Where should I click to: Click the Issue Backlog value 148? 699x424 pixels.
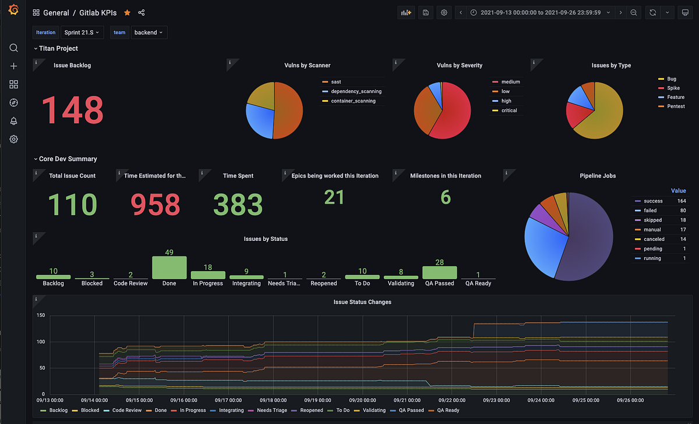(x=72, y=109)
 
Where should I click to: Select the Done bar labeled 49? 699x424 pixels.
(x=169, y=267)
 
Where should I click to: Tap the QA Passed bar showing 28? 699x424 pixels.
(x=439, y=272)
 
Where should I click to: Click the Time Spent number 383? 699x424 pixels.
(x=238, y=205)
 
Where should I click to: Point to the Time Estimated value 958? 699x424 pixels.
(x=155, y=205)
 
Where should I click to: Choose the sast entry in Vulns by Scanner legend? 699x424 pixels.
(x=336, y=82)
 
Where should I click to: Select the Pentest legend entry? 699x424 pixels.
(x=676, y=106)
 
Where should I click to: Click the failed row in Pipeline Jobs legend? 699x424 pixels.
(x=649, y=211)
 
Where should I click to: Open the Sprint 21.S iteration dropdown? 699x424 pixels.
(x=82, y=33)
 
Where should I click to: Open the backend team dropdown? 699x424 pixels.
(x=149, y=33)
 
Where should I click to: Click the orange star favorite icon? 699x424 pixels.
(x=127, y=13)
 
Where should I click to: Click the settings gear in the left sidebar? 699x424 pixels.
(x=14, y=139)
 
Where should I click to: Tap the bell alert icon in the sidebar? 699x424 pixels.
(x=14, y=121)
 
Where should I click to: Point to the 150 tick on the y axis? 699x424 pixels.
(x=41, y=316)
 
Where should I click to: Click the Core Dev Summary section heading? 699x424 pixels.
(x=68, y=159)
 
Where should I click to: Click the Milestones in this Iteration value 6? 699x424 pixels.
(x=445, y=198)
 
